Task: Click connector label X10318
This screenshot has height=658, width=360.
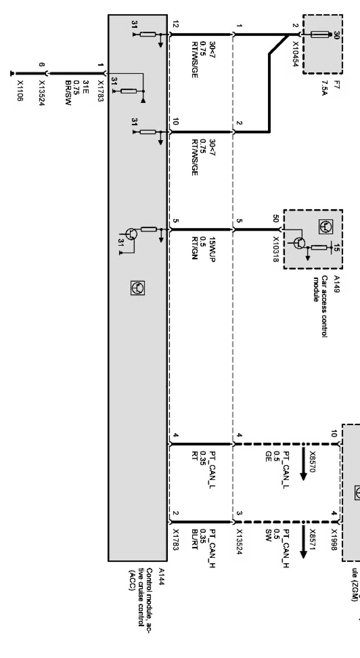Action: [276, 250]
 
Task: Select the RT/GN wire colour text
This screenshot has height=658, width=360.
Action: [195, 248]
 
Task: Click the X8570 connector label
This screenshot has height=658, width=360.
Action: [313, 460]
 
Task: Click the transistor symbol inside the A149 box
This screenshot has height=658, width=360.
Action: [300, 243]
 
